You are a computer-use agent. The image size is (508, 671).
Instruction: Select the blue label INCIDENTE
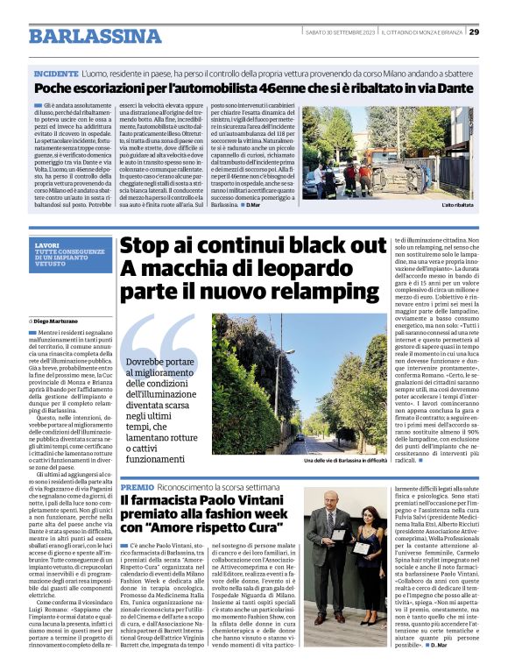(x=57, y=74)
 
